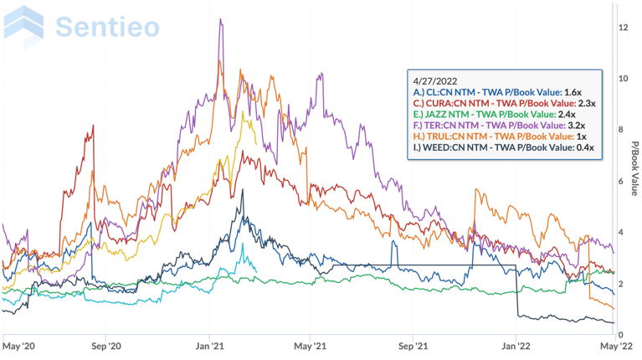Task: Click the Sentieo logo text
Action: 106,26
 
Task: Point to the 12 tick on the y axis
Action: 623,28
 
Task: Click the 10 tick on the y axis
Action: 623,79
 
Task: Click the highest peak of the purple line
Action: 221,19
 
